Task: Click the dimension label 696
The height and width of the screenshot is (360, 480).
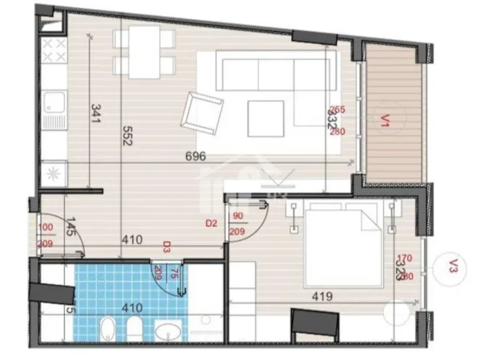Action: click(197, 157)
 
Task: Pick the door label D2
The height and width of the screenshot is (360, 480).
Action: click(212, 223)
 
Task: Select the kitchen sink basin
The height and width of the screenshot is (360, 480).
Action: click(55, 102)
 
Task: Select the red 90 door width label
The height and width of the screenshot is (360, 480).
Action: click(238, 216)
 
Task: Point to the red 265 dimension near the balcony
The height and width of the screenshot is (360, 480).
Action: click(338, 111)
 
